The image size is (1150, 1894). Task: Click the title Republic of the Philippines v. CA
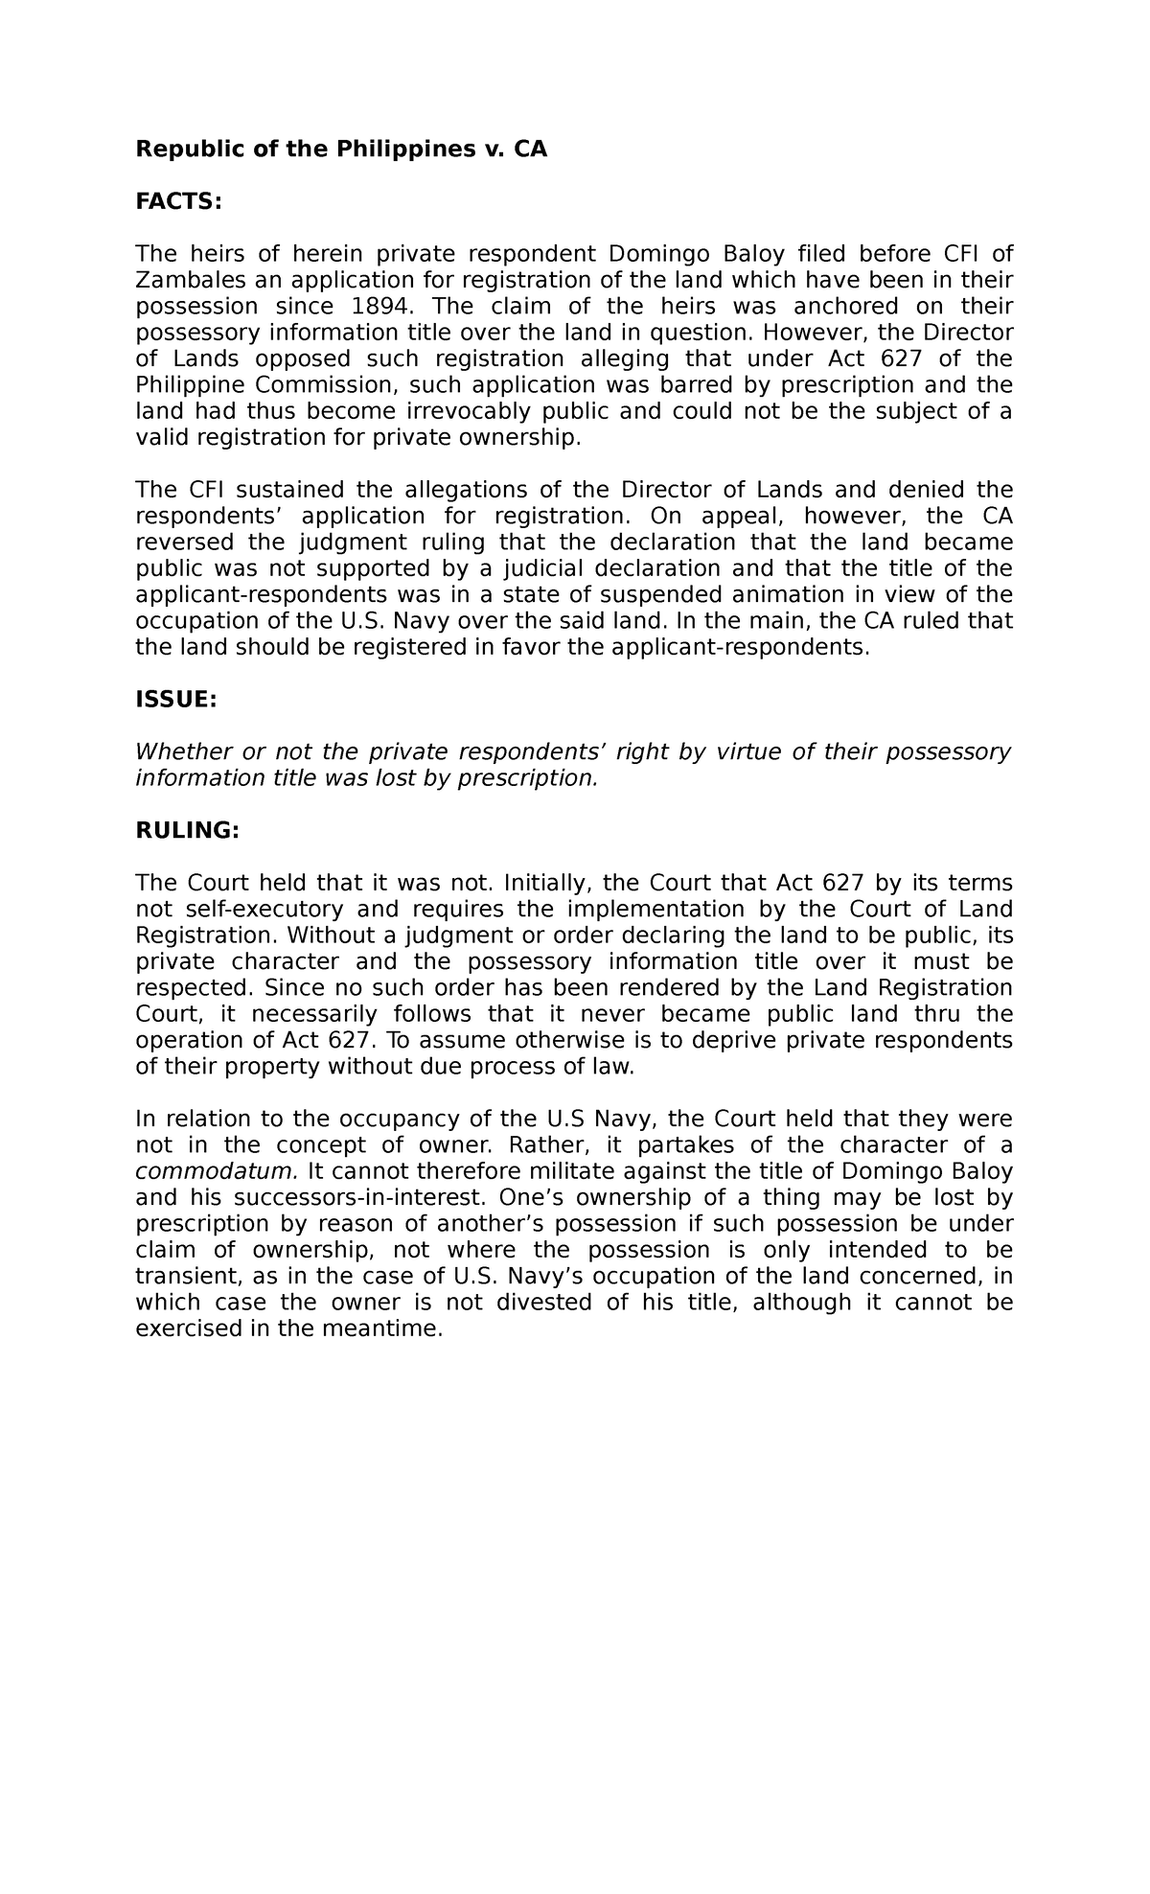tap(341, 150)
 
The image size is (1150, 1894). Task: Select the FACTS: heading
tap(178, 201)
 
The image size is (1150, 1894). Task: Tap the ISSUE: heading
tap(176, 700)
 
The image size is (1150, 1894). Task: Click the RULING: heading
tap(187, 830)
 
